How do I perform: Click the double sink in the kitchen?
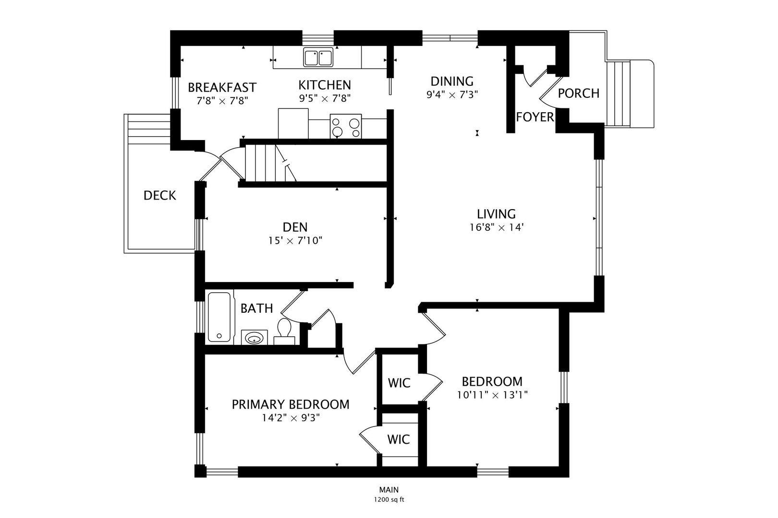(x=318, y=57)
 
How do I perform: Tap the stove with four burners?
(x=346, y=126)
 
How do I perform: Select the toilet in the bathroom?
(x=284, y=331)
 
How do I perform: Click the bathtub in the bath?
(x=219, y=317)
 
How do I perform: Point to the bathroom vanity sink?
(x=254, y=337)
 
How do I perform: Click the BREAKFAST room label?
(x=222, y=87)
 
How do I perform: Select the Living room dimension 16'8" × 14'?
(x=496, y=228)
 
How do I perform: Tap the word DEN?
(x=295, y=227)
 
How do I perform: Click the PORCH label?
(x=579, y=94)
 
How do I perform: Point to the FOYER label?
(x=535, y=118)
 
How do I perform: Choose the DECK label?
(x=160, y=196)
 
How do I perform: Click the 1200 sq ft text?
(x=389, y=500)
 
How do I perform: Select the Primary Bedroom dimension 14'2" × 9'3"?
(x=291, y=418)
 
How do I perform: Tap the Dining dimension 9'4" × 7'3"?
(x=452, y=94)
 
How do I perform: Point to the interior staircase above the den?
(x=271, y=163)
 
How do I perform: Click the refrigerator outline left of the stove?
(x=293, y=124)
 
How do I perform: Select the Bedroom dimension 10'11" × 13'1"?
(x=493, y=395)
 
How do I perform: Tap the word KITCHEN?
(x=325, y=85)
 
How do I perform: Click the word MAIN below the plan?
(x=389, y=490)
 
